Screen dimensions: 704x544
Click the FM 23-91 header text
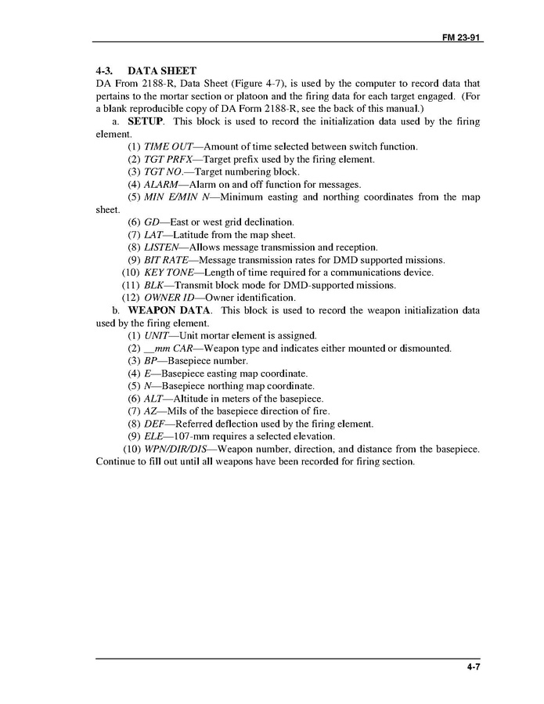click(x=459, y=36)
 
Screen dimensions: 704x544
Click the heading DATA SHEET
click(x=161, y=70)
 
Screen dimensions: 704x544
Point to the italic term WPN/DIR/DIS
click(x=178, y=449)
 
